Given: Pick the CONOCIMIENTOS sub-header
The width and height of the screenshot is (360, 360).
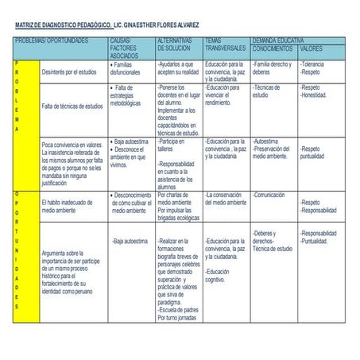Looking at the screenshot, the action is click(273, 48).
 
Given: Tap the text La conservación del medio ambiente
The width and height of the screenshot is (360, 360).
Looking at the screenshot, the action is click(226, 199).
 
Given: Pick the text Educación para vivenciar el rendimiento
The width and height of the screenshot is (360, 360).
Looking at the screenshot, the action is click(226, 95).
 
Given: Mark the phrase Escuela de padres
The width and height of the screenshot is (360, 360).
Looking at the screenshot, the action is click(179, 310).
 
